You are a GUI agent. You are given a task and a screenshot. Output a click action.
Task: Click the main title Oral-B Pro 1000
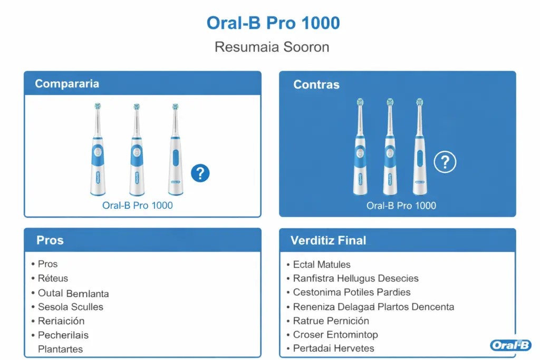[x=273, y=23]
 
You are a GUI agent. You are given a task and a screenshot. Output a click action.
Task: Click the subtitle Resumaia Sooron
[x=272, y=47]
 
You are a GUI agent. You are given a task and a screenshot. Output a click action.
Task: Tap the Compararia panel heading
[x=67, y=84]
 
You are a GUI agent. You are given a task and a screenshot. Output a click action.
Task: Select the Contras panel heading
[x=316, y=84]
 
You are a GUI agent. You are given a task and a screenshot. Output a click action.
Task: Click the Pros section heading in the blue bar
[x=50, y=240]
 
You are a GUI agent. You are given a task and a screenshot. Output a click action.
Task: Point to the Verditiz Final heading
[x=328, y=240]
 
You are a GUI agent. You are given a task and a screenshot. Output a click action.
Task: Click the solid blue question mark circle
[x=200, y=173]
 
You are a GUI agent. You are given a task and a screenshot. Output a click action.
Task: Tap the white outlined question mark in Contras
[x=445, y=162]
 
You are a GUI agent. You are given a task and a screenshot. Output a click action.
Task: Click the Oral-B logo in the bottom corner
[x=510, y=345]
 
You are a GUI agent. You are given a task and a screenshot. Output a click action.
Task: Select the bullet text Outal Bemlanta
[x=73, y=293]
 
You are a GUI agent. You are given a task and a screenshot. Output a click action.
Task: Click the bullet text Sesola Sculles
[x=71, y=307]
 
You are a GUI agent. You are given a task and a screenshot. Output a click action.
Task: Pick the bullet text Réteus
[x=53, y=278]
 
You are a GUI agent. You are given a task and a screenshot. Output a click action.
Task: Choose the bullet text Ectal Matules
[x=322, y=264]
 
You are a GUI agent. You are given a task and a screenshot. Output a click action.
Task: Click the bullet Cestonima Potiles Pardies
[x=352, y=292]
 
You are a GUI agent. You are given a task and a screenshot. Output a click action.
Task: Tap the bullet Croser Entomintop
[x=335, y=335]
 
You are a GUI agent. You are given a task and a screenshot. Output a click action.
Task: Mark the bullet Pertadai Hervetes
[x=333, y=348]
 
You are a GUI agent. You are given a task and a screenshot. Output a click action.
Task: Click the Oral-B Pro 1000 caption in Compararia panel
[x=138, y=206]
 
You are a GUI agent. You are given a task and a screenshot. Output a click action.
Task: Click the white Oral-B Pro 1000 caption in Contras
[x=401, y=206]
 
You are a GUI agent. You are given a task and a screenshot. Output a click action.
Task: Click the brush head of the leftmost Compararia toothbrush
[x=98, y=106]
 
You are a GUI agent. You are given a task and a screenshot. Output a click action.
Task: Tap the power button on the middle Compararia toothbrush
[x=137, y=152]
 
